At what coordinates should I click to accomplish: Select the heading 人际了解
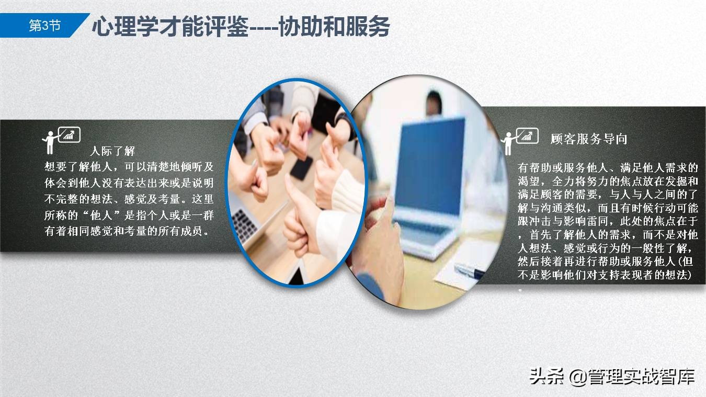(112, 151)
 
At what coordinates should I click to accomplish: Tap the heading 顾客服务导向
(589, 139)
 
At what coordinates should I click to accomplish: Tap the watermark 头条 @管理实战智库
(611, 376)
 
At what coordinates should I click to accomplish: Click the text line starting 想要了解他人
(129, 167)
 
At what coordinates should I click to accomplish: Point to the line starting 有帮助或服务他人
(608, 168)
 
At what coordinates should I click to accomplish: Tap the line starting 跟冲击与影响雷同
(608, 221)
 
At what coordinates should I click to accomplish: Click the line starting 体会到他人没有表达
(129, 183)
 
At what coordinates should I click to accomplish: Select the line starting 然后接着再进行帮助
(608, 260)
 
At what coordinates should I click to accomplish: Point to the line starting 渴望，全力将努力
(608, 182)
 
